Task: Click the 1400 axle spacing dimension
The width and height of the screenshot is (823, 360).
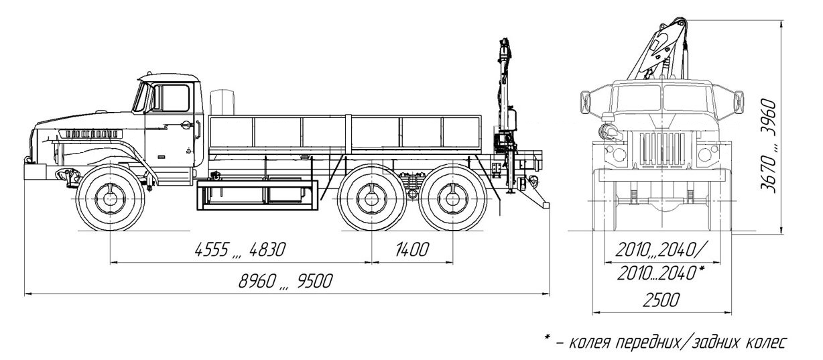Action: tap(411, 250)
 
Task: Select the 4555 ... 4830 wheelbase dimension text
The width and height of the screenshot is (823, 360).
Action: tap(240, 250)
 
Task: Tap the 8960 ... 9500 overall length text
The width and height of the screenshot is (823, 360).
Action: tap(287, 282)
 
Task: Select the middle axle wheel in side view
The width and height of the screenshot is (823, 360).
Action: tap(371, 198)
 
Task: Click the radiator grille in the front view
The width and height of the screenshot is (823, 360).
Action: tap(661, 152)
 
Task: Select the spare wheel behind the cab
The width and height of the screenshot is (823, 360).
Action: tap(222, 102)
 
